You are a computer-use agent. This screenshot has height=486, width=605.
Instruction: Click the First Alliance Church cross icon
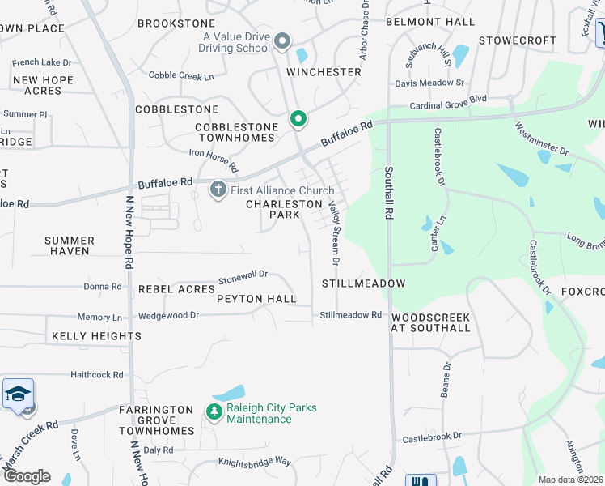(217, 190)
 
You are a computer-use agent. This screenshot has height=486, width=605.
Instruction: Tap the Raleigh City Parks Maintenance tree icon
(214, 412)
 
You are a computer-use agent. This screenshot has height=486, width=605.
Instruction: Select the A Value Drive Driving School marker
(282, 41)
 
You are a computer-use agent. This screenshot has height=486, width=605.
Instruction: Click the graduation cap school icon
(18, 394)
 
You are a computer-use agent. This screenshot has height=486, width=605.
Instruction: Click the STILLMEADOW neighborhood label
(363, 284)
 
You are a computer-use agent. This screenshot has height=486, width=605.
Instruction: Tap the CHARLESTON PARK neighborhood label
(284, 210)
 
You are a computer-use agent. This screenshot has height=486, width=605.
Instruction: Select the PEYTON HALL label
(256, 299)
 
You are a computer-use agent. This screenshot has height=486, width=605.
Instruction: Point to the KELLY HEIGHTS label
(97, 336)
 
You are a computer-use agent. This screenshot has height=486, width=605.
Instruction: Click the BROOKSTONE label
(176, 23)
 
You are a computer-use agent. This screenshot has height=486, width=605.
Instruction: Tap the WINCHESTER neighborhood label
(324, 72)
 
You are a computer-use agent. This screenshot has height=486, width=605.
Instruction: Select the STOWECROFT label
(518, 40)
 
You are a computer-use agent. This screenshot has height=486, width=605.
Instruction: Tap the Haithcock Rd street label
(96, 375)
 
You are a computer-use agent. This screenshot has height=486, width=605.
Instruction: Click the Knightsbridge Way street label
(254, 461)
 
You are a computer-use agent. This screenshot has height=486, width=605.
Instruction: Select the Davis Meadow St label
(429, 83)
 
